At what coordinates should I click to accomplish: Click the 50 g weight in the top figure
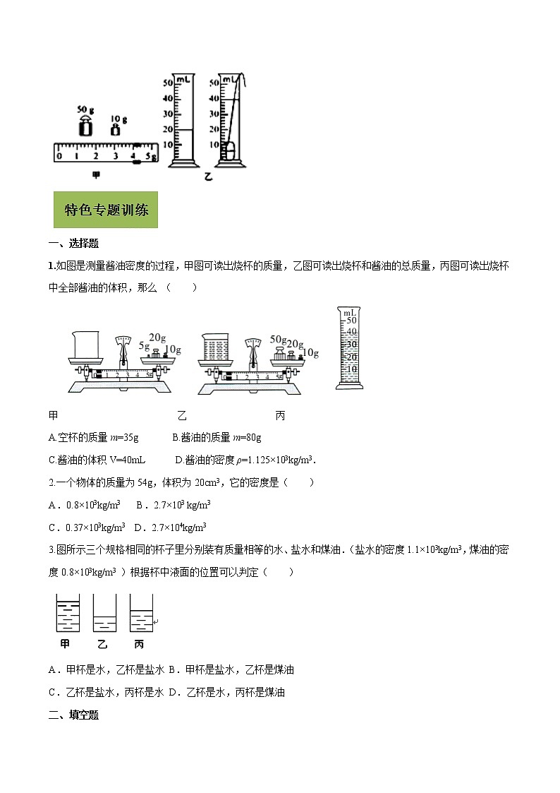pyautogui.click(x=85, y=128)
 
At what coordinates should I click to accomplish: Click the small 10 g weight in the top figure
pyautogui.click(x=114, y=129)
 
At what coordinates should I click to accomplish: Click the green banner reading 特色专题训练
pyautogui.click(x=106, y=210)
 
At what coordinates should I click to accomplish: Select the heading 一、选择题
pyautogui.click(x=73, y=244)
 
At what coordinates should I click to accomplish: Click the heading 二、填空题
pyautogui.click(x=73, y=715)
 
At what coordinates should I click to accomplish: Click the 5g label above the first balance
pyautogui.click(x=145, y=346)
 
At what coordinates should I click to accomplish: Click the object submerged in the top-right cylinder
pyautogui.click(x=228, y=150)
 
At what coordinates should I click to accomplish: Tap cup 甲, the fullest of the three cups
pyautogui.click(x=67, y=612)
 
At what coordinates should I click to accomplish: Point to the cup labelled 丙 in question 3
pyautogui.click(x=141, y=613)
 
